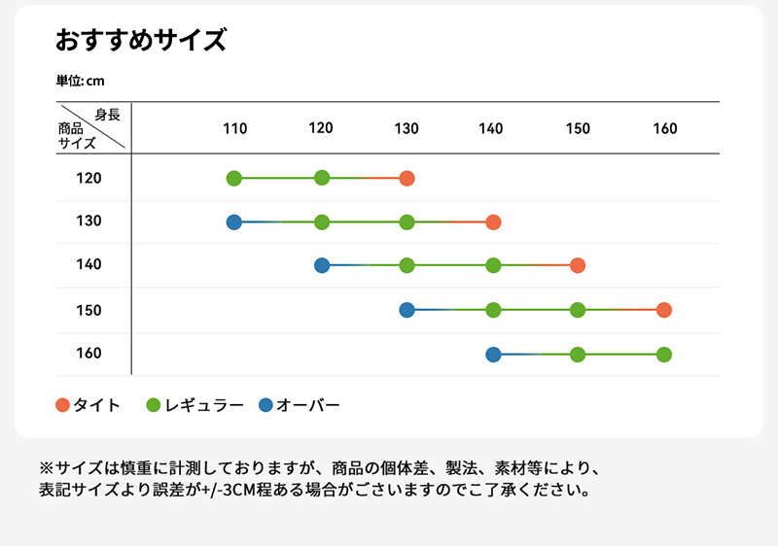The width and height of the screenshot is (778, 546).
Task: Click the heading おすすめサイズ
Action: click(141, 41)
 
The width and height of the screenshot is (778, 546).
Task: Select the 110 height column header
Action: click(235, 128)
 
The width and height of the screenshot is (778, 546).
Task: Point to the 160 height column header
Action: click(665, 128)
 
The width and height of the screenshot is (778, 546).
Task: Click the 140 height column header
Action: click(491, 128)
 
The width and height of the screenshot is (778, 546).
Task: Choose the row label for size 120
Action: click(88, 178)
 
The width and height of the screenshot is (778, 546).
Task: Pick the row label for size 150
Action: click(88, 310)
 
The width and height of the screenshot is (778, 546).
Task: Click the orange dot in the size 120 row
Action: click(407, 178)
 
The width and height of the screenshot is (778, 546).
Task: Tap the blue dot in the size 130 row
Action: click(234, 222)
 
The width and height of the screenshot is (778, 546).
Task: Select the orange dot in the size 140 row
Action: click(578, 265)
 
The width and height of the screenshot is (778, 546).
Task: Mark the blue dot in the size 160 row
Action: click(493, 354)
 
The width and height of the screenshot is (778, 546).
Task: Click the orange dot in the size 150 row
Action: click(664, 310)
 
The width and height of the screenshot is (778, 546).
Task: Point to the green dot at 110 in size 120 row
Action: click(234, 178)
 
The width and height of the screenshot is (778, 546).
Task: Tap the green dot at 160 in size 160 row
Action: click(664, 354)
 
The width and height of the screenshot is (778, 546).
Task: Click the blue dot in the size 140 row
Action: click(322, 265)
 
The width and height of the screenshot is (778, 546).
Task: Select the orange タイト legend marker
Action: click(63, 405)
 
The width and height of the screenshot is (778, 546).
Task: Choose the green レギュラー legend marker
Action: click(153, 405)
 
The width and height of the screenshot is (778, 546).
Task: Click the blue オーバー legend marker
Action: click(266, 405)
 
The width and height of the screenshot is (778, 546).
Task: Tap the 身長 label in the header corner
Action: click(108, 115)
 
